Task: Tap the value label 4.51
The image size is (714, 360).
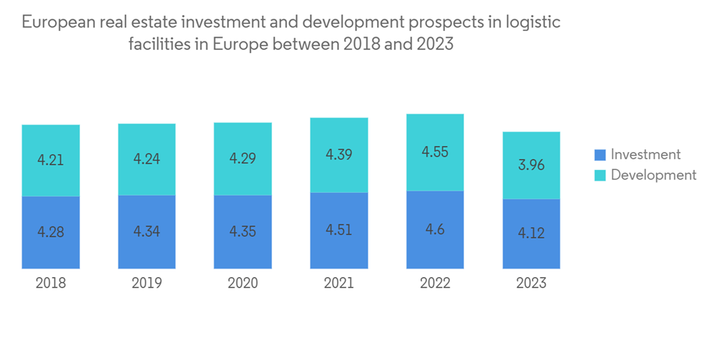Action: (x=338, y=230)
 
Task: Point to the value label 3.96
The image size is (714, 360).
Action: (x=531, y=165)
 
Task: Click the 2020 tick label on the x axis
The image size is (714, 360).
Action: (x=243, y=283)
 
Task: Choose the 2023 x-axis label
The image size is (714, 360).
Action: (x=531, y=283)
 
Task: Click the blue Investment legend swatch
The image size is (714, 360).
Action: (x=600, y=155)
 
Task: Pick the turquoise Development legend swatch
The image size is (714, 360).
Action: (x=600, y=175)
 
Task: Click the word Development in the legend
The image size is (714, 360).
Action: (x=653, y=175)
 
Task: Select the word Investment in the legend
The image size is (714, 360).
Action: (x=645, y=155)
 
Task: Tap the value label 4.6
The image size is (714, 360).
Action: (x=435, y=229)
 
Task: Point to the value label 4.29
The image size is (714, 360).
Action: (x=243, y=158)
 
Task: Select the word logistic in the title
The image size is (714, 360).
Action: (x=535, y=23)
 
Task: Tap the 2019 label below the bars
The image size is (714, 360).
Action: (x=146, y=283)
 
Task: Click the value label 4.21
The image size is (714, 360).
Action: (x=51, y=159)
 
